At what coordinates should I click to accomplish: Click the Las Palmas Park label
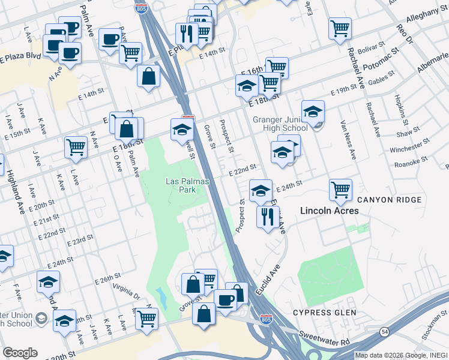(181, 185)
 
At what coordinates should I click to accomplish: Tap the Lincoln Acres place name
(330, 211)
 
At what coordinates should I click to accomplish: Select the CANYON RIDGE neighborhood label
(390, 199)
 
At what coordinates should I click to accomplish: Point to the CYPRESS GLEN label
(324, 313)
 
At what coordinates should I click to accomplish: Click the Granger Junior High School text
(280, 124)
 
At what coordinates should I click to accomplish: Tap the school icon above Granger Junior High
(313, 112)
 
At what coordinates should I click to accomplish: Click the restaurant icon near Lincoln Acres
(268, 216)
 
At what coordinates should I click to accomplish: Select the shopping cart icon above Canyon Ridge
(340, 190)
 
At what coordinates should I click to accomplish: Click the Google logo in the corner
(20, 353)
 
